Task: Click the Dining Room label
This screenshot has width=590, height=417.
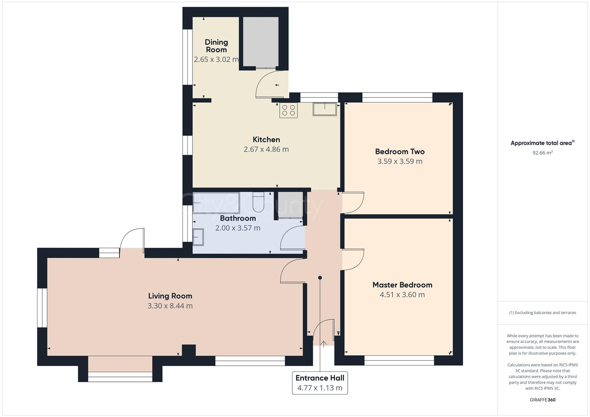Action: (216, 46)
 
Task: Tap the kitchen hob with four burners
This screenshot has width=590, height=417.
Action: (289, 110)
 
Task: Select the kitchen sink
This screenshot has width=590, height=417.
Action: (325, 109)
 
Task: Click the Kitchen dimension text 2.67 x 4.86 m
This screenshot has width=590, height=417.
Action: (266, 149)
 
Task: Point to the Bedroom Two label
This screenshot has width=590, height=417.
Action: (400, 151)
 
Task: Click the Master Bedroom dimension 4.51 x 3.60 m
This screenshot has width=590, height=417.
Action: (402, 295)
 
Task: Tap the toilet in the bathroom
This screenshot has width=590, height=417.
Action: (258, 202)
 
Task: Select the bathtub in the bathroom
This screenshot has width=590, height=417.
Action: (216, 203)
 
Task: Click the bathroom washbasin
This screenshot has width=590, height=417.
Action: (198, 237)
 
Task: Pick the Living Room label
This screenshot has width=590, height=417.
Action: (170, 296)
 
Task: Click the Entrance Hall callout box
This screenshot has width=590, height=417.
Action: (320, 383)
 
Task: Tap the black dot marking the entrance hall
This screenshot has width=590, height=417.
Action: (320, 278)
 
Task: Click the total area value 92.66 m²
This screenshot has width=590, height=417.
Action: (542, 153)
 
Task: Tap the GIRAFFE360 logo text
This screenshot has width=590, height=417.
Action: (542, 400)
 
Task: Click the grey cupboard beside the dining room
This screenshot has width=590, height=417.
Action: (260, 42)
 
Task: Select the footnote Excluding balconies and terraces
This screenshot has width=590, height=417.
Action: (542, 313)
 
